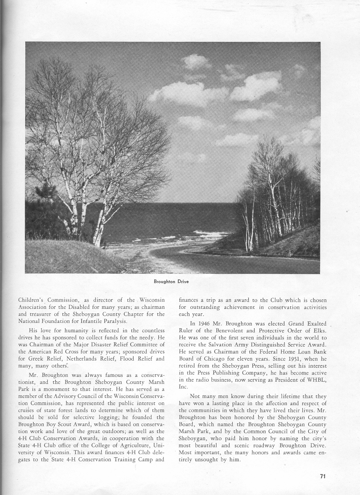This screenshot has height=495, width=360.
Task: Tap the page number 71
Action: [322, 477]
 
